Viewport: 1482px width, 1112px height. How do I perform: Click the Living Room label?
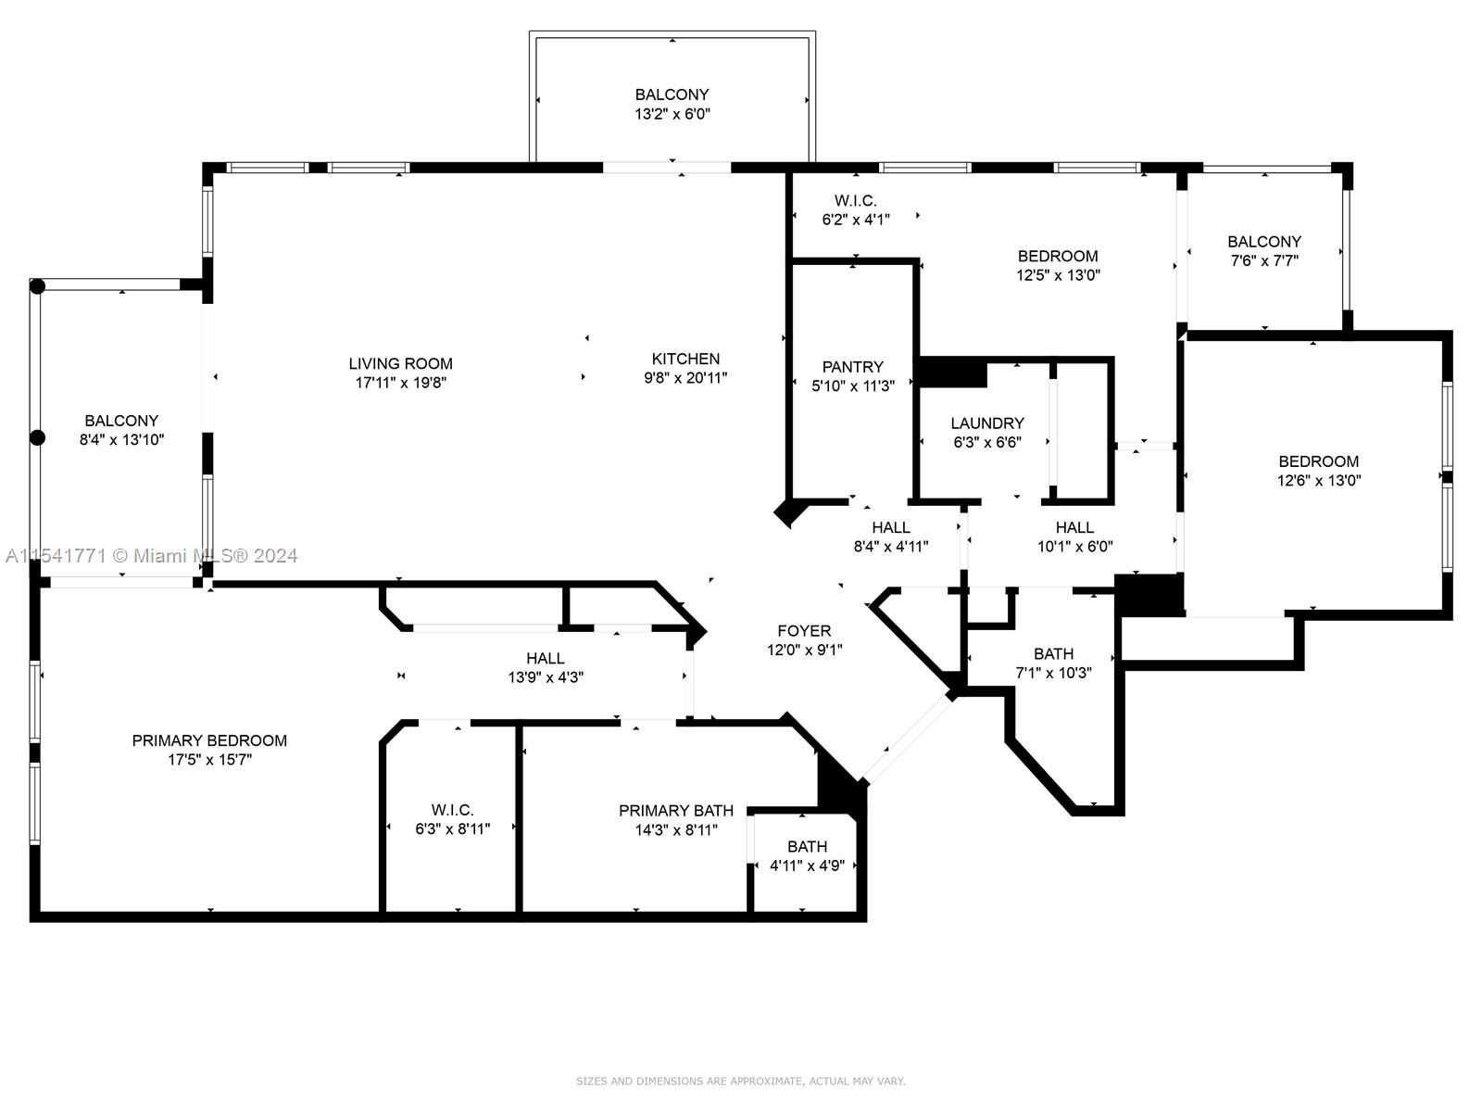[400, 363]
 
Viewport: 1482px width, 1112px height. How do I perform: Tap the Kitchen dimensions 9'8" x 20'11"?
[685, 378]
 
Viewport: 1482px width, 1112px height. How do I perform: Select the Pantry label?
[853, 367]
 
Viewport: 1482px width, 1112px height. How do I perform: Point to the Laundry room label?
[987, 423]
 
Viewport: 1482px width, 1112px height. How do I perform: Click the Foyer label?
[804, 631]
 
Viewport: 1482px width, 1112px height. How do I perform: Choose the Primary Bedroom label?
[209, 740]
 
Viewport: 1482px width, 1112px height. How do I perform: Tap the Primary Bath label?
[676, 810]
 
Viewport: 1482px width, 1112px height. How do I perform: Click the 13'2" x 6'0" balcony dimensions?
[672, 114]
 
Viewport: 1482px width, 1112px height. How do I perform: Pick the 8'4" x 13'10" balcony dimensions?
[121, 440]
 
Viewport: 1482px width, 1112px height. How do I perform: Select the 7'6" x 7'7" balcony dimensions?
[1264, 260]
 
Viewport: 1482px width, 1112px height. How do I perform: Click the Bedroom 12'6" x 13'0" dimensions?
[1319, 481]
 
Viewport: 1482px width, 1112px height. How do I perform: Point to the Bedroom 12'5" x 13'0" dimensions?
[1058, 275]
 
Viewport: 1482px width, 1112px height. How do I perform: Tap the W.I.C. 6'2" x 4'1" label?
[856, 200]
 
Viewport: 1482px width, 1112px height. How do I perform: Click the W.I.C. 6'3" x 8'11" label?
[452, 810]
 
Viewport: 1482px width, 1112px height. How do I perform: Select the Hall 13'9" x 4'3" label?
[546, 658]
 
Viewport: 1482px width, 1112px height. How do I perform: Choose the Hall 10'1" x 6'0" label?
[1074, 527]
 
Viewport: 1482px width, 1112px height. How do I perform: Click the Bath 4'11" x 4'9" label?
[808, 847]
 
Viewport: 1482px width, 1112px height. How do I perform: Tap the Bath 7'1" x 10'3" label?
[1053, 653]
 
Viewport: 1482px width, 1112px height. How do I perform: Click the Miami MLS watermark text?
[151, 556]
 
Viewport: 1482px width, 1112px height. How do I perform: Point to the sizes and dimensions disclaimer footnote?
[741, 1080]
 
